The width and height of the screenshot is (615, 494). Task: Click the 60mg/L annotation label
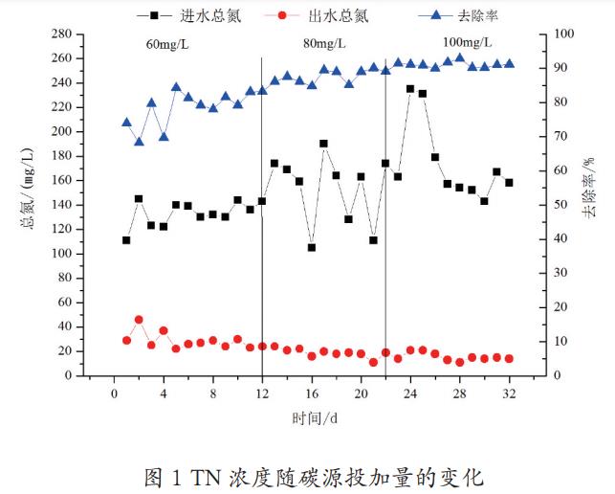tap(165, 44)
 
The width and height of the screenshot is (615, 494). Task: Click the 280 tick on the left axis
tap(63, 34)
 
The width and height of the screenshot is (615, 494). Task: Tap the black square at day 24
tap(410, 89)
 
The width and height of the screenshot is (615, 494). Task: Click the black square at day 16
tap(312, 247)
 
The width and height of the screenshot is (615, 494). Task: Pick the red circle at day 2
tap(139, 320)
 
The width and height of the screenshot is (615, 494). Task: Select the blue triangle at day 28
tap(459, 57)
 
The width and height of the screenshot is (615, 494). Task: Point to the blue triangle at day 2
tap(139, 142)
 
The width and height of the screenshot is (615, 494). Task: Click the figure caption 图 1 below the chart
tap(314, 475)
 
